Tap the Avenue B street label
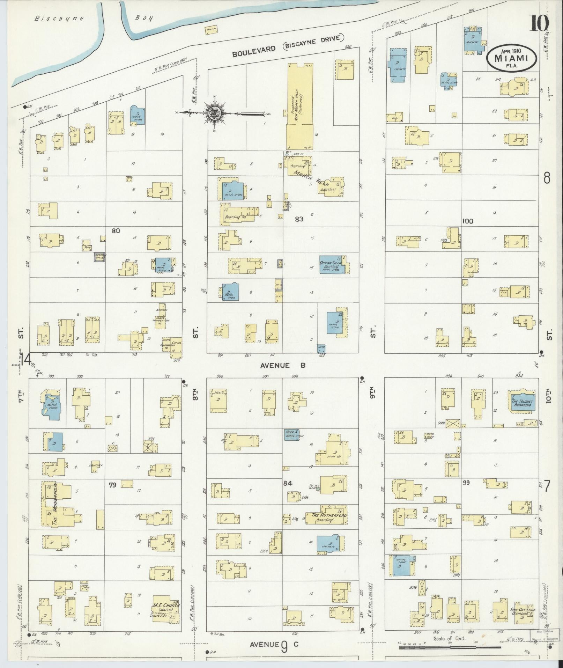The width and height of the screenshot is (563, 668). click(x=283, y=365)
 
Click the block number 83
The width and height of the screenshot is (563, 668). click(x=299, y=219)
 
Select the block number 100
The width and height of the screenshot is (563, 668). click(x=467, y=221)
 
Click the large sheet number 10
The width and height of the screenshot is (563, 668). click(x=540, y=24)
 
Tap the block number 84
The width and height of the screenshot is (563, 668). click(x=288, y=484)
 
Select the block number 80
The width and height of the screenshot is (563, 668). click(x=116, y=231)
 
